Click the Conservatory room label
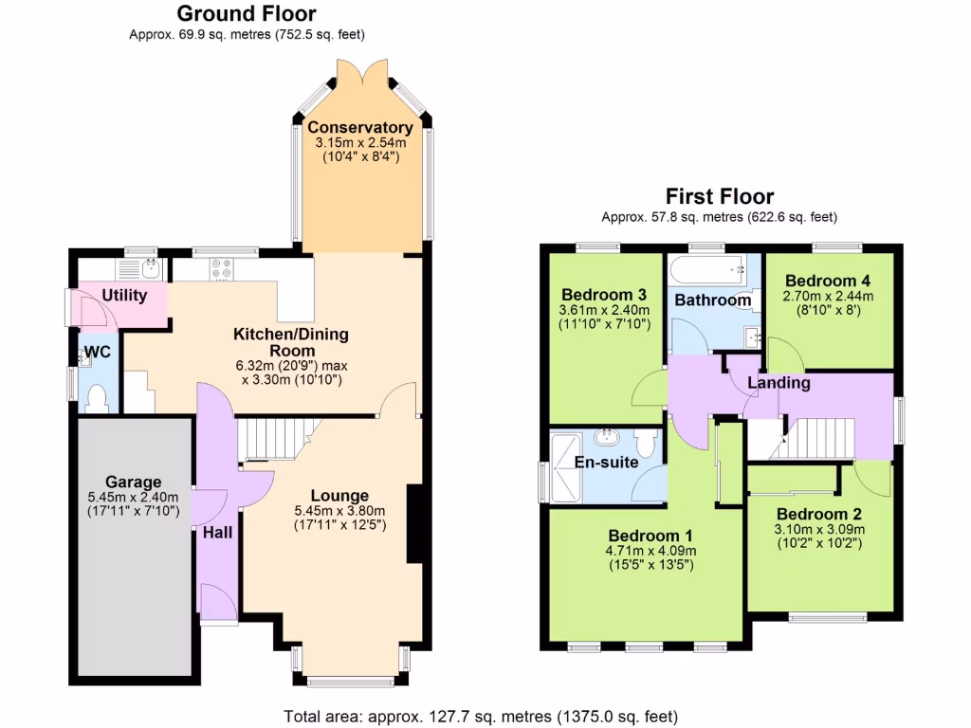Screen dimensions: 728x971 (359, 128)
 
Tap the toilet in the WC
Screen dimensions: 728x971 (95, 397)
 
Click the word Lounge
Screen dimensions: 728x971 (339, 496)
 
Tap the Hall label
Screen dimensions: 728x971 (217, 533)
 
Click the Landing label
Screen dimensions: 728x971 (779, 383)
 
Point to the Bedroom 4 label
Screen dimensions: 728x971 (828, 282)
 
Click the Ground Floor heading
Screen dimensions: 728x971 (247, 13)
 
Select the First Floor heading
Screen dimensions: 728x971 (720, 196)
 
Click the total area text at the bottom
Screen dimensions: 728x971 (481, 716)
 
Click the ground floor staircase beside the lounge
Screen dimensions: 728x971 (275, 440)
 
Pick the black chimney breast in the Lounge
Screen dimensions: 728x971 (414, 524)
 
